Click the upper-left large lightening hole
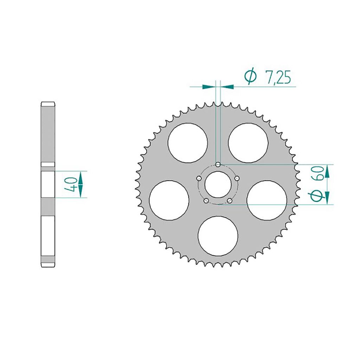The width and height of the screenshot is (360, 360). pos(187,143)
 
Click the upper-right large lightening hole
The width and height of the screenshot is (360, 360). pos(248,143)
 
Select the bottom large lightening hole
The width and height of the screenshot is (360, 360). pos(218,236)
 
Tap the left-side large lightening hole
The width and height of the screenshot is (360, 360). pos(169,200)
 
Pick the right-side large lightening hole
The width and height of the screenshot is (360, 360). pos(266,200)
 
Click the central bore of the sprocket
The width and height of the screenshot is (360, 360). pos(218,185)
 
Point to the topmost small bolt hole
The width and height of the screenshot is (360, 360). pos(218,165)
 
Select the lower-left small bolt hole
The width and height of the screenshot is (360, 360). pos(206,201)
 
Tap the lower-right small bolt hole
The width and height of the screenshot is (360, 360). pos(230,201)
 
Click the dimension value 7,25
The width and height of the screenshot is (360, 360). pos(278,78)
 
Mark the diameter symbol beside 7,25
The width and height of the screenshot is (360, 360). pos(250,77)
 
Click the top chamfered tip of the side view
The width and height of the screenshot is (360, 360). pos(48,104)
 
